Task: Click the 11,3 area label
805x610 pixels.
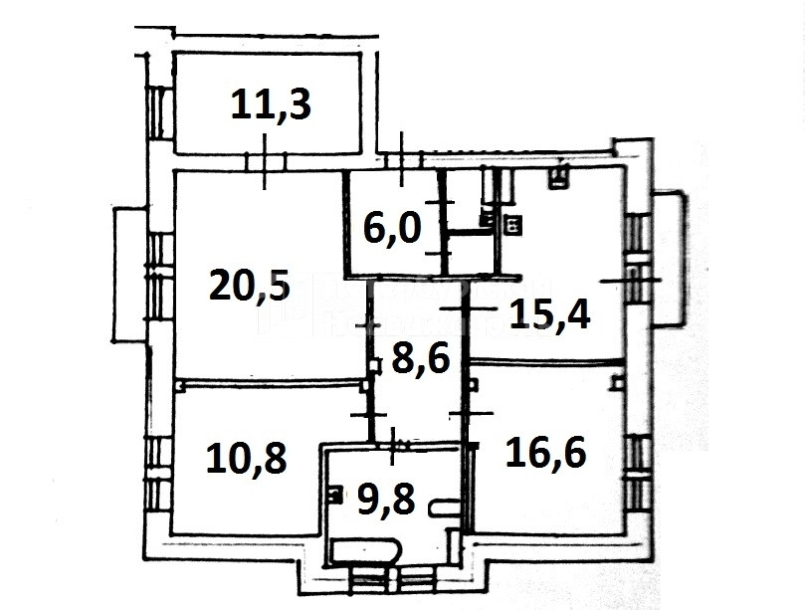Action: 271,104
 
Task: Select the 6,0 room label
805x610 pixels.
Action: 392,228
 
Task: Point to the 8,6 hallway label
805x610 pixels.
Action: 421,359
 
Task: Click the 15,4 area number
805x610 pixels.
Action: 550,313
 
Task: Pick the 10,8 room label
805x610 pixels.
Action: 246,459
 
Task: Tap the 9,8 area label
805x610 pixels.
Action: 385,499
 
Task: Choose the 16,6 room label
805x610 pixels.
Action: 545,452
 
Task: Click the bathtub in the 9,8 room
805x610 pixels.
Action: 364,550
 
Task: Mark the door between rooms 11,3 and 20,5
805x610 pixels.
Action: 265,161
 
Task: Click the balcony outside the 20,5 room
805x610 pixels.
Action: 128,275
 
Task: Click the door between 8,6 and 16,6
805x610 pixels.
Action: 471,413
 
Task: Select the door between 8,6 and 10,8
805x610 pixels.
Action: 368,414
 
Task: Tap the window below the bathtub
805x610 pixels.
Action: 393,579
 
